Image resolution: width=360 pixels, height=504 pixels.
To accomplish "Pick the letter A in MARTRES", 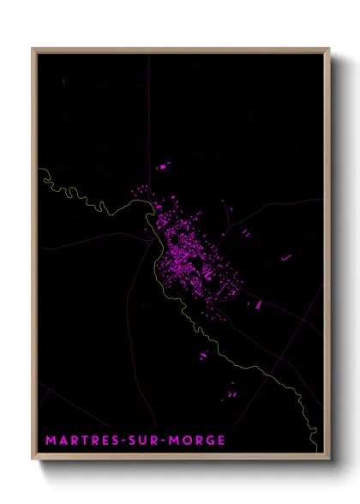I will tap(63, 441).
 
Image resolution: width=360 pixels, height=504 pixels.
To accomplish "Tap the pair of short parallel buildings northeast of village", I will tap(246, 231).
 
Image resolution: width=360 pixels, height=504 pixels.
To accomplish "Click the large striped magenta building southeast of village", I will tap(255, 303).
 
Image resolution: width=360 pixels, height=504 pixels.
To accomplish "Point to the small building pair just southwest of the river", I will tap(204, 354).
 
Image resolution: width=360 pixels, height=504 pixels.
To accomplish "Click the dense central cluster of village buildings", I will tap(182, 249).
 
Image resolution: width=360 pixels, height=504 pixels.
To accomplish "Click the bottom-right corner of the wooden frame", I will tap(329, 461).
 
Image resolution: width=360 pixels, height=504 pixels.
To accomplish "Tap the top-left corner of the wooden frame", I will tap(33, 48).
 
